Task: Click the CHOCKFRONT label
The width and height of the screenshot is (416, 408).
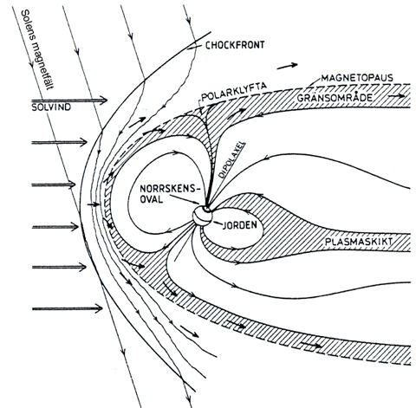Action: [x=235, y=45]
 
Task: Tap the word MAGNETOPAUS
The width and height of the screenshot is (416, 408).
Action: [x=357, y=78]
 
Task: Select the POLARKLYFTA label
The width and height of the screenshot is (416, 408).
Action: [x=234, y=94]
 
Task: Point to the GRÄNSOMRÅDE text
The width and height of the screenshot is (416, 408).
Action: [x=335, y=98]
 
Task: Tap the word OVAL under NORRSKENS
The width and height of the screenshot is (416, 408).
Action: [x=152, y=199]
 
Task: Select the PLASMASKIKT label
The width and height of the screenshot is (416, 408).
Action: [x=359, y=242]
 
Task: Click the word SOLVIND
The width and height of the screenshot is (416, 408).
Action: [x=51, y=107]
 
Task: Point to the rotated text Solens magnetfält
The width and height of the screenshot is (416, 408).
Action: [x=38, y=49]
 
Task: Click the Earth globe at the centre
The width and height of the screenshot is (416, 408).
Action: [x=203, y=216]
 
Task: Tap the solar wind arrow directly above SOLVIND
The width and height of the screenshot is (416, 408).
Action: [x=69, y=100]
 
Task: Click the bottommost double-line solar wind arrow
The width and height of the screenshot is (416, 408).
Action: [x=68, y=308]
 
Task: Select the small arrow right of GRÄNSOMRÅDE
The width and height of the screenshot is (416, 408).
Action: [x=397, y=96]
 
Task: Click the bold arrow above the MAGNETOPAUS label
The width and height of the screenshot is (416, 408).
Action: [x=287, y=66]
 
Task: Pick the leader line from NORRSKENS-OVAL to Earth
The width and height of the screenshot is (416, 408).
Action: [x=185, y=200]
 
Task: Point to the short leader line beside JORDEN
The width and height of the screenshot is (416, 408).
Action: [x=218, y=223]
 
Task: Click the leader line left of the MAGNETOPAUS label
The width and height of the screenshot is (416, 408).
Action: [x=313, y=82]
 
